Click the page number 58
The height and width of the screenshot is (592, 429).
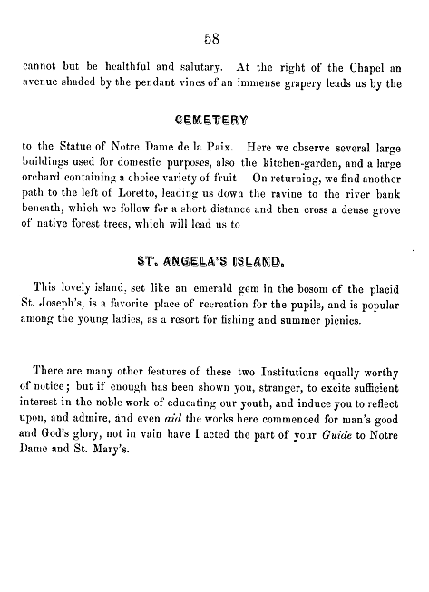(x=214, y=39)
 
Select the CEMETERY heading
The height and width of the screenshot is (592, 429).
(x=214, y=118)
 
